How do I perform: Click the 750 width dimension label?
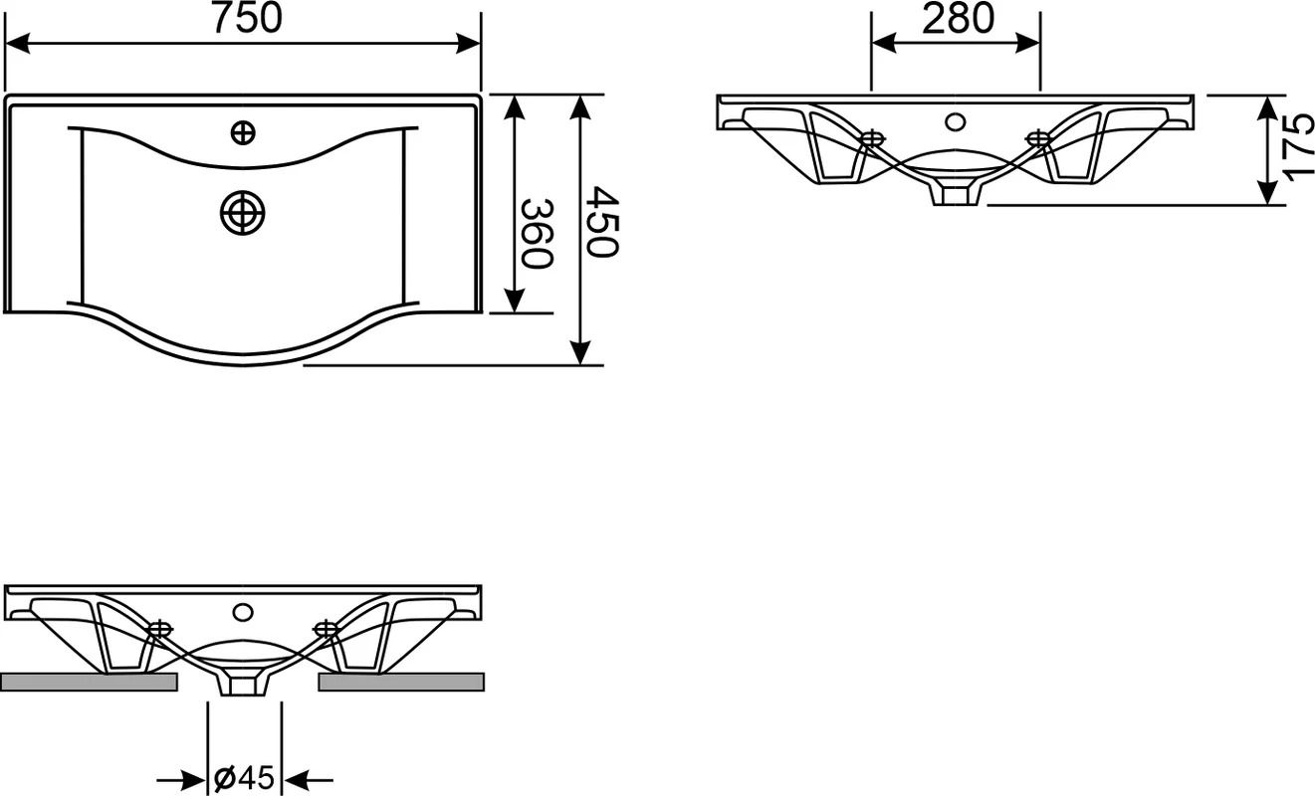coord(247,18)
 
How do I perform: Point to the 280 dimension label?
coord(958,18)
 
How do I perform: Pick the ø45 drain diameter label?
coord(244,778)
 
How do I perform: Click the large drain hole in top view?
coord(243,212)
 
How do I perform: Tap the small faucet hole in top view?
coord(243,133)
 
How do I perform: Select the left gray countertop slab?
coord(90,682)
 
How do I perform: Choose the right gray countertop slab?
coord(401,682)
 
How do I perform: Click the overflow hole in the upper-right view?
coord(955,121)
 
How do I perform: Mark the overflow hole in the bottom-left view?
coord(243,612)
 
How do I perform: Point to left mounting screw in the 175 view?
coord(872,138)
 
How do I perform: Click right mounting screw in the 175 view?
coord(1038,138)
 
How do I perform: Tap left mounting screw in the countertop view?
coord(159,630)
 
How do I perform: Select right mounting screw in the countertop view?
coord(327,630)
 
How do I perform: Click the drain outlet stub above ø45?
coord(244,684)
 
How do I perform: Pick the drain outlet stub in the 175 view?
coord(957,192)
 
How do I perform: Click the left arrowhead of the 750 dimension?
coord(17,44)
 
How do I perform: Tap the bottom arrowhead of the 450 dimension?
coord(580,353)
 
